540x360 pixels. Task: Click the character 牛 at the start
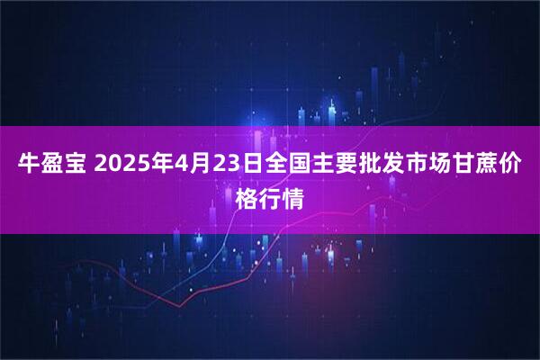28,166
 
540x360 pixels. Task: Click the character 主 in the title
317,166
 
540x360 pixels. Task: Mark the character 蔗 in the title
489,166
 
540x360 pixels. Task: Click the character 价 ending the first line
513,166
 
